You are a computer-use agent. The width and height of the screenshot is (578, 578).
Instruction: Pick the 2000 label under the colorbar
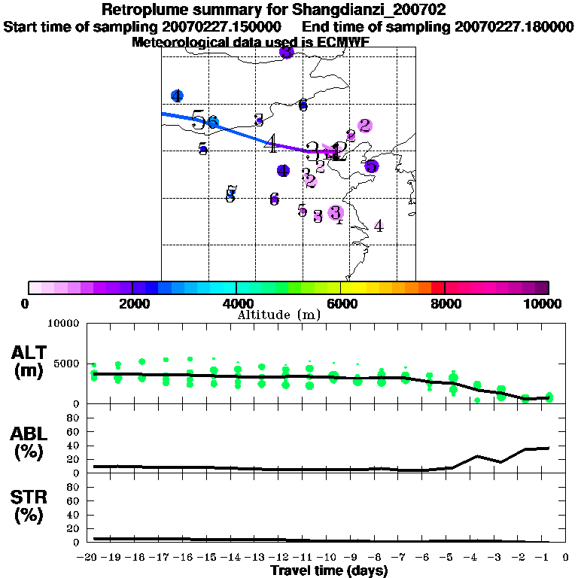point(132,303)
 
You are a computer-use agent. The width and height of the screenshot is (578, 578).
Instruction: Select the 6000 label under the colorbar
point(341,303)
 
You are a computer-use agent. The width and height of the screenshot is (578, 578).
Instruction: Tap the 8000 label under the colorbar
point(445,303)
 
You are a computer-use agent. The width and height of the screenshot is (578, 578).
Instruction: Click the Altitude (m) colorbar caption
point(278,315)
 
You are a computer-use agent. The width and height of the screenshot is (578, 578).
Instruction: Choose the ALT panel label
point(29,353)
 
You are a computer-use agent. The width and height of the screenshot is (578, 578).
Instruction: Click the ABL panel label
point(29,433)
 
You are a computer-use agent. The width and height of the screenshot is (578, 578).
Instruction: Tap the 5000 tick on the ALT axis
point(68,364)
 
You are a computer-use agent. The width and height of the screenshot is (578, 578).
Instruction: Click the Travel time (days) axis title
point(329,571)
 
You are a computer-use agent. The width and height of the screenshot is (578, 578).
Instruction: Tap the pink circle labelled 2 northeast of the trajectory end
point(365,126)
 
